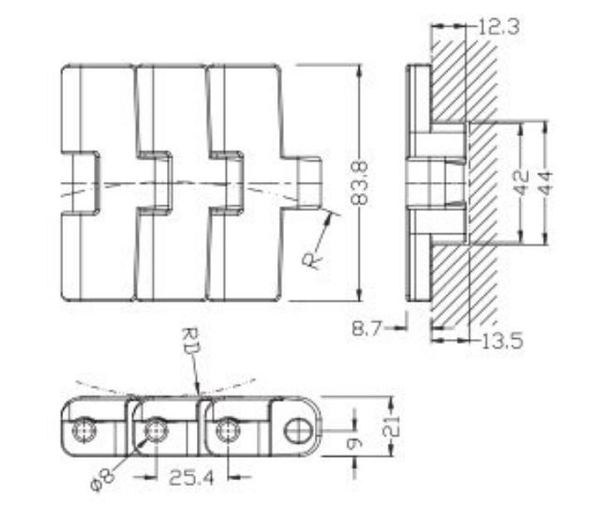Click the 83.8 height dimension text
(x=359, y=184)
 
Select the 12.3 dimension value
(x=499, y=27)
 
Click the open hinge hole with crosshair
(x=296, y=431)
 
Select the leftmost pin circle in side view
(x=84, y=430)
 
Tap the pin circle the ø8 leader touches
(x=154, y=430)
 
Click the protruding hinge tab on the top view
(x=308, y=182)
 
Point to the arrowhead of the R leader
(x=335, y=218)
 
